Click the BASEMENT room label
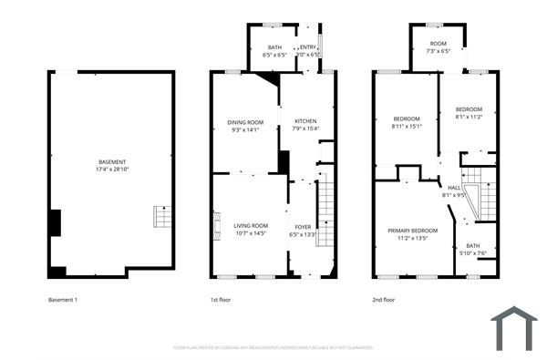[x=113, y=162]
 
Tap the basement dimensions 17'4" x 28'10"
[x=113, y=170]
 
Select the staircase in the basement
[x=161, y=217]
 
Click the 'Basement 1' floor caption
[x=64, y=299]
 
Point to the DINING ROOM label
[x=245, y=122]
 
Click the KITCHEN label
[x=305, y=122]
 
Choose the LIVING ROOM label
[x=251, y=226]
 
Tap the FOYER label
[x=303, y=226]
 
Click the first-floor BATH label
[x=274, y=47]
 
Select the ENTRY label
[x=308, y=47]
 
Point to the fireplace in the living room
[x=216, y=225]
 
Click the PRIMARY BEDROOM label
[x=412, y=231]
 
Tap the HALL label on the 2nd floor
[x=453, y=187]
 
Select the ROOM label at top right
[x=439, y=44]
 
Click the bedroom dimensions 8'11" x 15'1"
[x=407, y=127]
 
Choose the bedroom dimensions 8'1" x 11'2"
[x=469, y=117]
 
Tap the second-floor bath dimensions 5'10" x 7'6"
[x=472, y=252]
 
